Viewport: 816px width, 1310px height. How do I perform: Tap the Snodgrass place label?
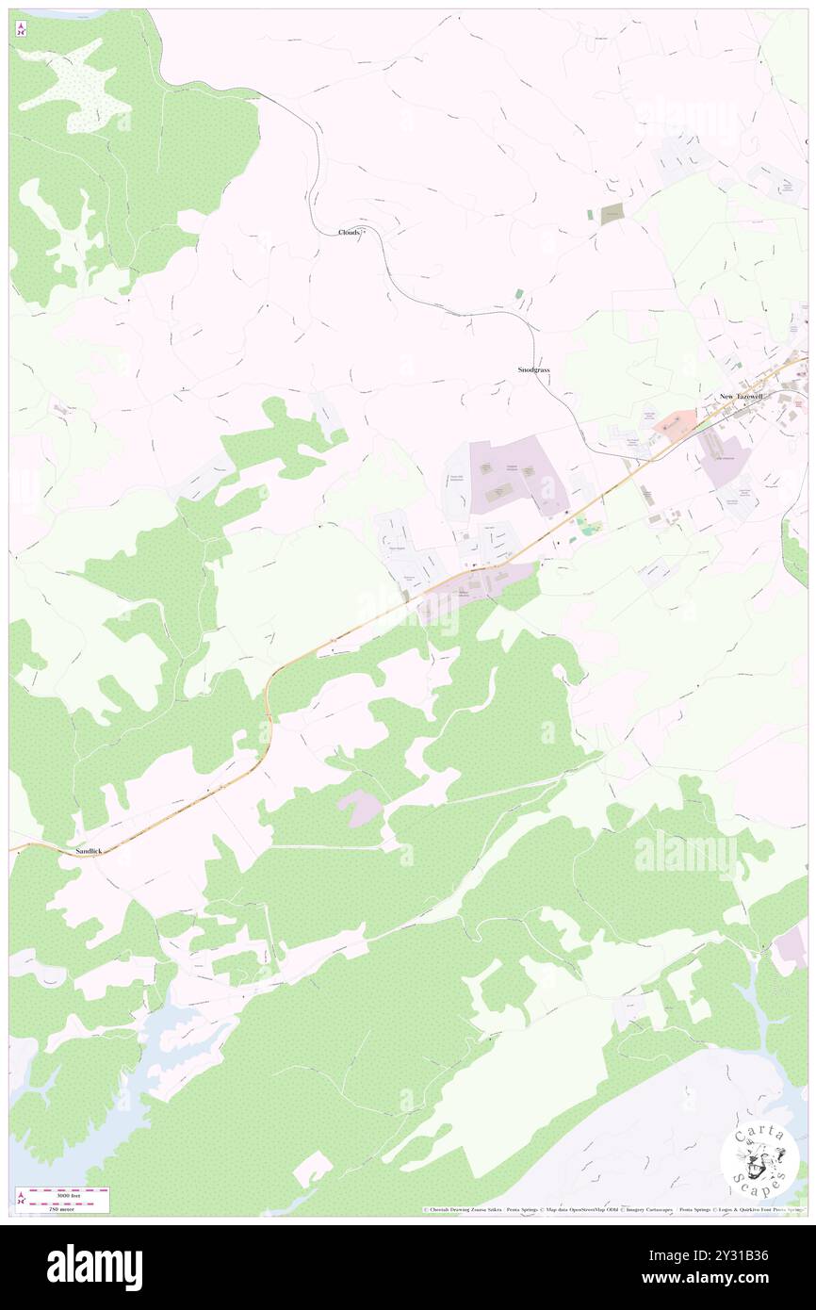pyautogui.click(x=533, y=370)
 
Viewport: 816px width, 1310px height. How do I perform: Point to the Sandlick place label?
pyautogui.click(x=88, y=851)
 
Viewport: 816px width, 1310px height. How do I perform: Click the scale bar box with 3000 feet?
pyautogui.click(x=62, y=1200)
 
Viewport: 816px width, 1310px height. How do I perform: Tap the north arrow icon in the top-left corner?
pyautogui.click(x=21, y=30)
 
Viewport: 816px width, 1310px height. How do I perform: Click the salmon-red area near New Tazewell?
pyautogui.click(x=675, y=421)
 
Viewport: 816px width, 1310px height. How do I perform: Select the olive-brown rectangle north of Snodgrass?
pyautogui.click(x=612, y=214)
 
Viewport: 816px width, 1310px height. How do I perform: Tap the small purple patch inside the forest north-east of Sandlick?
pyautogui.click(x=360, y=807)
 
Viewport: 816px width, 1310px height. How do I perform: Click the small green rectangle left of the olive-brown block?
pyautogui.click(x=590, y=215)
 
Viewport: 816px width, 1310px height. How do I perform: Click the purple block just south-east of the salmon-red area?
pyautogui.click(x=725, y=461)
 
